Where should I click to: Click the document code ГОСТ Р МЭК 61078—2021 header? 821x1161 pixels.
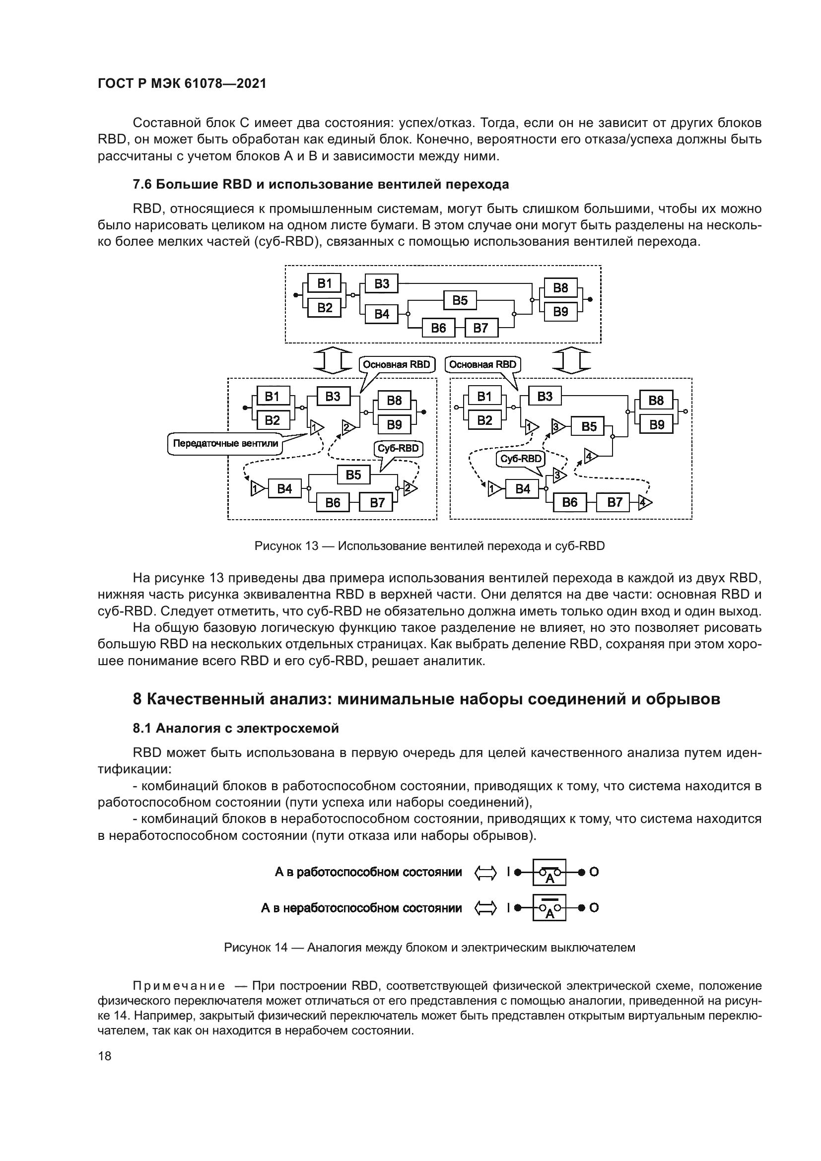(x=182, y=84)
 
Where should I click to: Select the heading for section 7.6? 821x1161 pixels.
(x=321, y=185)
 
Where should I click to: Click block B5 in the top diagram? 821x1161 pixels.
(x=460, y=300)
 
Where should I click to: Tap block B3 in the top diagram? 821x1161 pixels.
(x=382, y=284)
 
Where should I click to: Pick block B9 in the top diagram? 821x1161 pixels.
(x=560, y=312)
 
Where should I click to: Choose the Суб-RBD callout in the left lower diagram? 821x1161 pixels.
(x=399, y=449)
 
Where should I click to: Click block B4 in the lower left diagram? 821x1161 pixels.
(x=284, y=489)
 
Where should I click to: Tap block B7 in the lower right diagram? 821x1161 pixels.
(x=614, y=503)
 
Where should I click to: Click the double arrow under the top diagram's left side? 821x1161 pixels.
(x=332, y=360)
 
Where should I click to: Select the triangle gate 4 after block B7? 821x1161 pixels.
(x=645, y=503)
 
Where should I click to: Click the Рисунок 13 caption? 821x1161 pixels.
(x=429, y=546)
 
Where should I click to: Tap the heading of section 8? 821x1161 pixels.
(x=426, y=699)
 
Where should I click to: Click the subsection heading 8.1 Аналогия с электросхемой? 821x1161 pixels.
(x=236, y=728)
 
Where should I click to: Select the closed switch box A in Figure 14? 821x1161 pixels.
(x=549, y=872)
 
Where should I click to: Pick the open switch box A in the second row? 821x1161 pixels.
(x=549, y=908)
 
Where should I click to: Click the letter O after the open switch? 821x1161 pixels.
(x=594, y=908)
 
